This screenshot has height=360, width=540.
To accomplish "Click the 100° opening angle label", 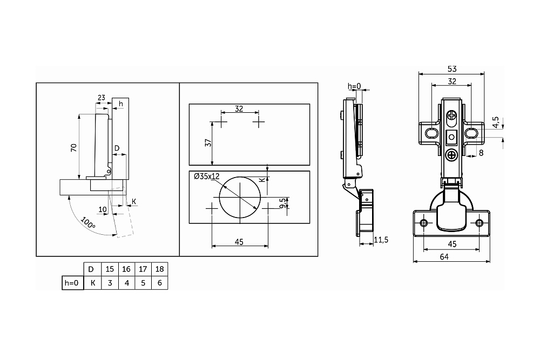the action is tap(88, 223).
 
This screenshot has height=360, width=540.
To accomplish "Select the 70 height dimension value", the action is tap(73, 148).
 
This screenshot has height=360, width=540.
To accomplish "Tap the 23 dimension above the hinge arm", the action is tap(102, 98).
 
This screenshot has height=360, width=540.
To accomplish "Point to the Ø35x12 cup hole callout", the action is tap(207, 176).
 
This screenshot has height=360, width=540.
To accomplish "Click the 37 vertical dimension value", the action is tap(208, 142).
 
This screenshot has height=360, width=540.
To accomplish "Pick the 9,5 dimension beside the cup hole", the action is tap(283, 203).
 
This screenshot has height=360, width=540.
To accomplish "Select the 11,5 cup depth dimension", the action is tap(381, 240).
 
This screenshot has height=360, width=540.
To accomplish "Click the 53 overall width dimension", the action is tap(452, 69).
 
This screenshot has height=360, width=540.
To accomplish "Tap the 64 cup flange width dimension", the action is tap(444, 257).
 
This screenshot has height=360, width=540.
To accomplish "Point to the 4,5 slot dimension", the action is tap(495, 122).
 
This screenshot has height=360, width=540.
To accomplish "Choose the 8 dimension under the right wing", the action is tap(481, 152).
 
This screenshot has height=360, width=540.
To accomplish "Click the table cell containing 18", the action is tap(159, 269).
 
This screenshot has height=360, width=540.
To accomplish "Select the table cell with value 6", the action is tap(159, 283).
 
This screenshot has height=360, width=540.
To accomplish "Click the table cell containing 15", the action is tap(110, 269).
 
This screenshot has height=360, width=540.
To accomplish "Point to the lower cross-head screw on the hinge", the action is tap(451, 155).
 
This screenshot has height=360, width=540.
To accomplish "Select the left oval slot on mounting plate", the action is tap(431, 133).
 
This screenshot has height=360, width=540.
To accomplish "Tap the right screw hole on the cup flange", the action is tap(479, 223).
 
